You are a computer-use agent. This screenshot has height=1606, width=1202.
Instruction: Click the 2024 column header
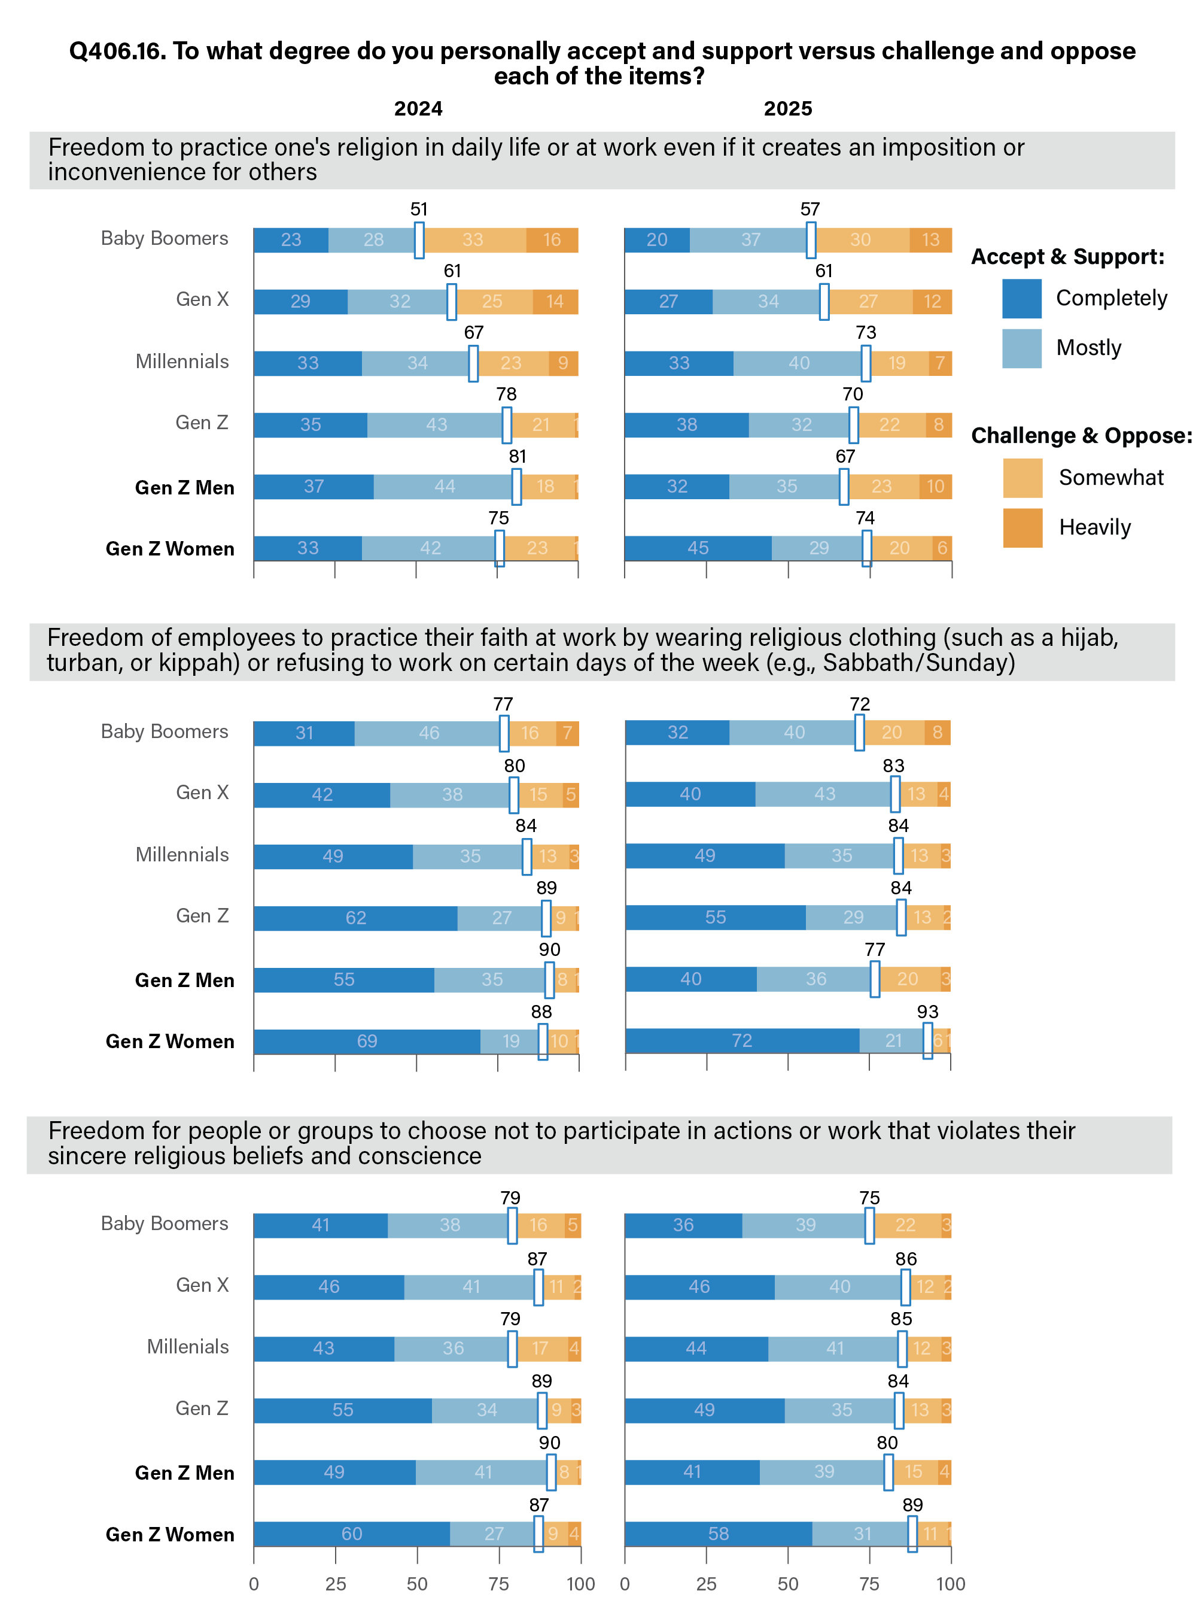click(x=418, y=109)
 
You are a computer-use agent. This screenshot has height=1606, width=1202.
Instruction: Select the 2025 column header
click(x=787, y=109)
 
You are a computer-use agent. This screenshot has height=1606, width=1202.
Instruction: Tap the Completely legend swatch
click(x=1021, y=299)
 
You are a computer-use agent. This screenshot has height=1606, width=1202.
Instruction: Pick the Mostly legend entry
click(x=1088, y=348)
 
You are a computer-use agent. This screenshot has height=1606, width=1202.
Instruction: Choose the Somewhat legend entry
click(x=1110, y=478)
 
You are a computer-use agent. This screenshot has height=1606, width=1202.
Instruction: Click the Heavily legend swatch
click(x=1022, y=527)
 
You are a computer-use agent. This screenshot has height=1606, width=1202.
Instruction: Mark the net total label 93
click(x=927, y=1012)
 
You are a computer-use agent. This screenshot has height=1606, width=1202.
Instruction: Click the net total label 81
click(x=517, y=457)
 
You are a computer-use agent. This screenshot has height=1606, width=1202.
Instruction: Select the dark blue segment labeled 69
click(x=367, y=1041)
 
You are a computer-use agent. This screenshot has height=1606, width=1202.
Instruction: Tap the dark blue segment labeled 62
click(x=355, y=918)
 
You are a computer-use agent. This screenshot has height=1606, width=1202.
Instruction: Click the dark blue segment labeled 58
click(x=718, y=1534)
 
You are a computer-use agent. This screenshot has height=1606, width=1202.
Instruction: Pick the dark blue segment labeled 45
click(x=698, y=548)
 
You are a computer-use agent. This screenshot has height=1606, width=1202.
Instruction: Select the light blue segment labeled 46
click(x=429, y=733)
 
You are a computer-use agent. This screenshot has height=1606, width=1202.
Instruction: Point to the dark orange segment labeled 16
click(x=552, y=240)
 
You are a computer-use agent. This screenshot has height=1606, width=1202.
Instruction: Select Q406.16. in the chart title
click(x=116, y=51)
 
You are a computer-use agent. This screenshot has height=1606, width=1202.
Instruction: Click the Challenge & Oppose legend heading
click(x=1081, y=436)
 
